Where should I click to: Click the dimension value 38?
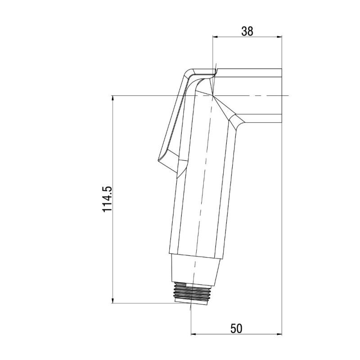coord(247,31)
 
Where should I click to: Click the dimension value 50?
coord(236,328)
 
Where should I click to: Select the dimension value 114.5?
coord(107,199)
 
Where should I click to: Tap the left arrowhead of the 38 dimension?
coord(215,37)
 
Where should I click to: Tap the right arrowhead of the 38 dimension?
coord(279,37)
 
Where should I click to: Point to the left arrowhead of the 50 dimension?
coord(193,334)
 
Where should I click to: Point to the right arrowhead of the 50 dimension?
coord(279,334)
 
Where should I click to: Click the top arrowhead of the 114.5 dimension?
coord(112,98)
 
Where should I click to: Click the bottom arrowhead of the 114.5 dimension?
coord(112,301)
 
